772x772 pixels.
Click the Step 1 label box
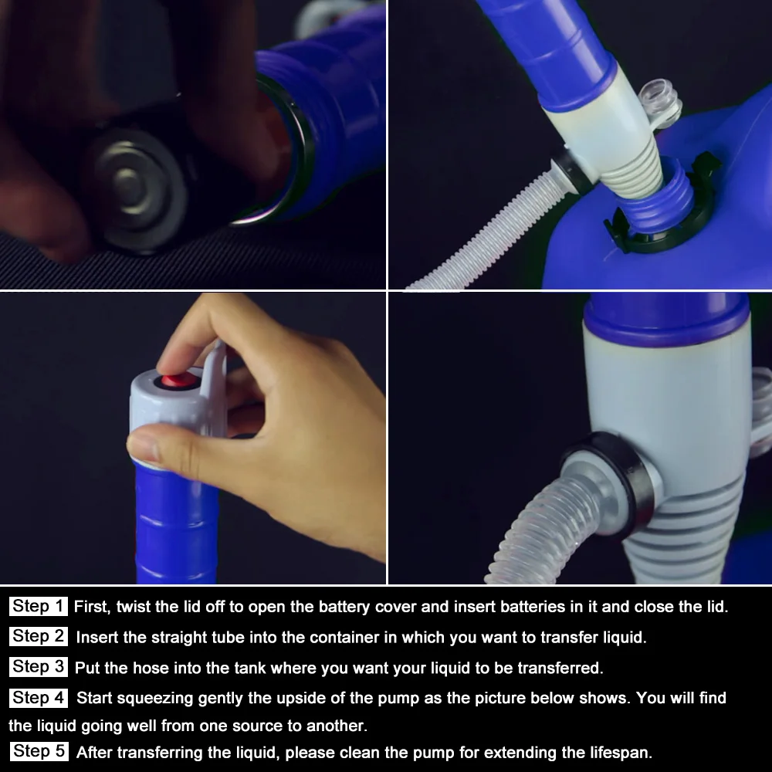click(x=38, y=606)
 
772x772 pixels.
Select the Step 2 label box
click(x=39, y=636)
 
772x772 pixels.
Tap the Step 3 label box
click(x=39, y=667)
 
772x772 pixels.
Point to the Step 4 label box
click(x=39, y=698)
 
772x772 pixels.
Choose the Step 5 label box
click(x=39, y=751)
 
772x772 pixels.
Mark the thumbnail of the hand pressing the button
click(x=193, y=438)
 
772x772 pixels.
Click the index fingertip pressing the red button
click(x=170, y=367)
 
